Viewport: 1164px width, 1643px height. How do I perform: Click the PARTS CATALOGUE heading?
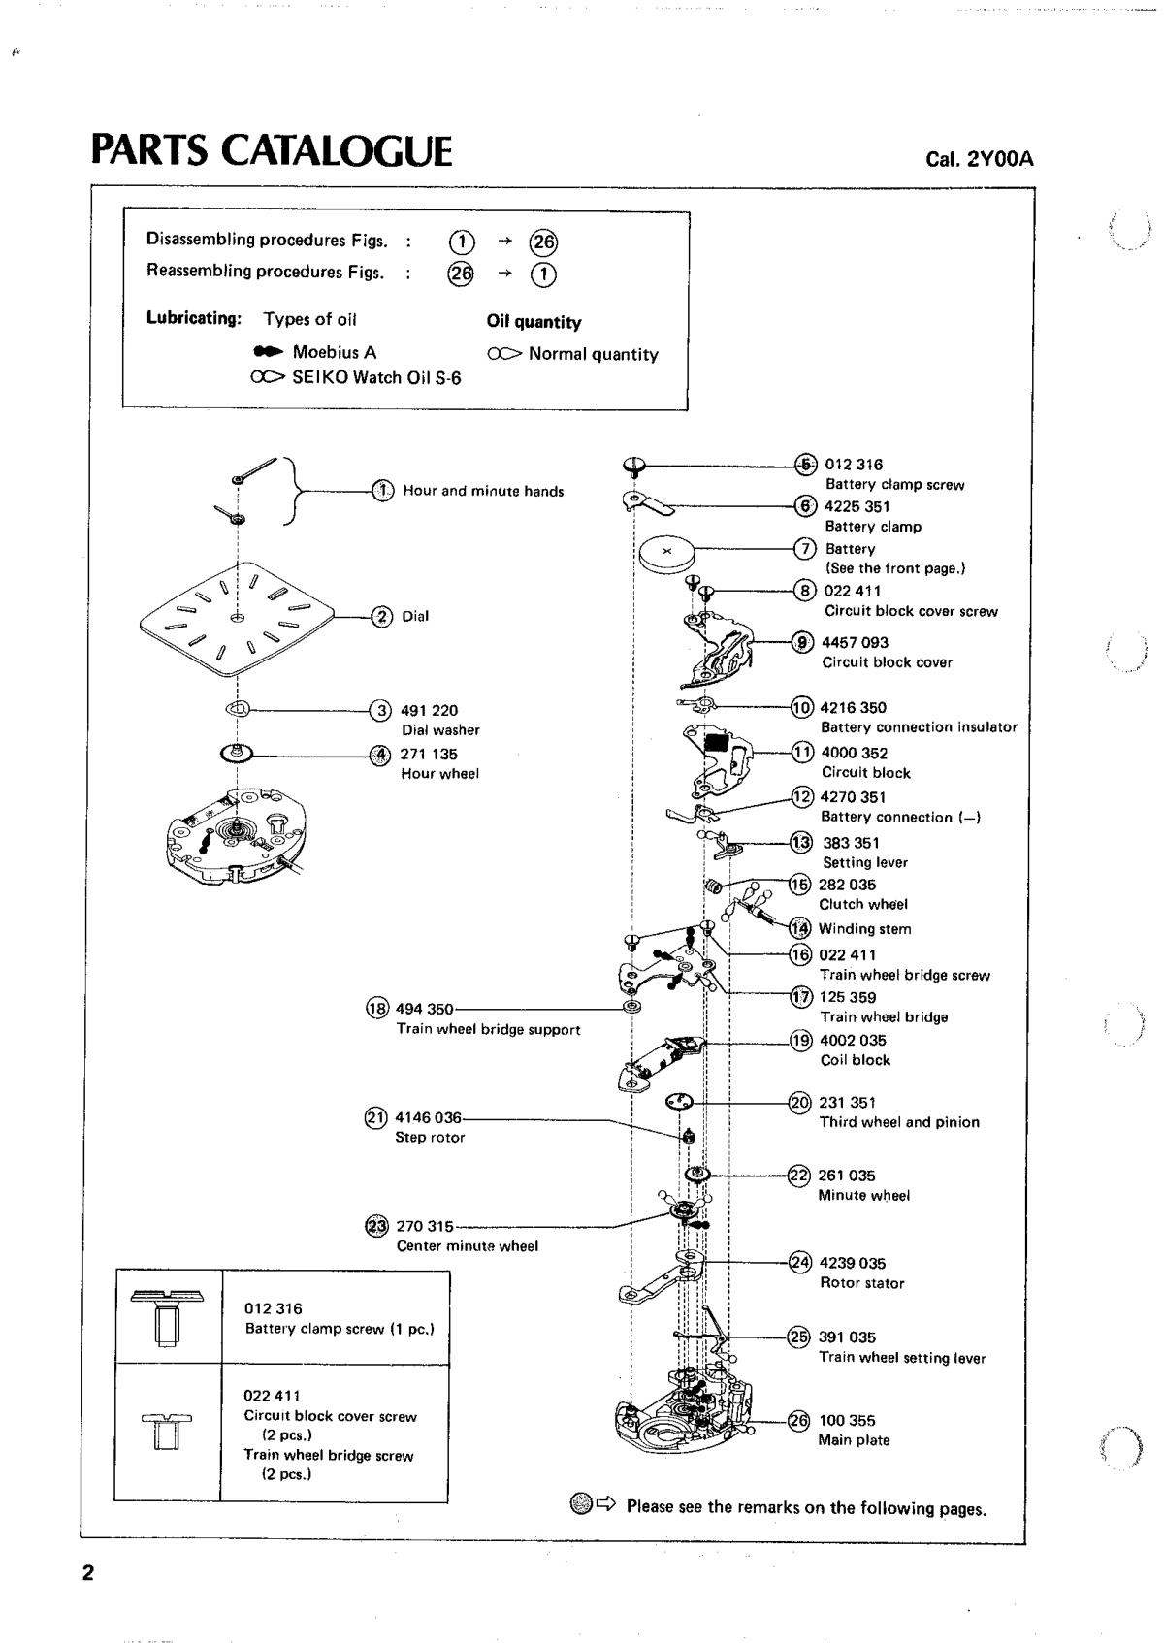pos(272,151)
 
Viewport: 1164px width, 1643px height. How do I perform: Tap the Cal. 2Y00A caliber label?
pos(979,159)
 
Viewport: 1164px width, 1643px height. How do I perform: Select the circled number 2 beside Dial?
pos(382,616)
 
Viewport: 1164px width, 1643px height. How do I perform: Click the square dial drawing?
pos(237,615)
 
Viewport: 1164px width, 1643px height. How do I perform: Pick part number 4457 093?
pos(855,642)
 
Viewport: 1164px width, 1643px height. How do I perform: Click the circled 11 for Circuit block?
pos(802,752)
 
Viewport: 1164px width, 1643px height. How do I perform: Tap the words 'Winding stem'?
pos(864,928)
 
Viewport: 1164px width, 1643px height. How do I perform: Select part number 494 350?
pos(424,1009)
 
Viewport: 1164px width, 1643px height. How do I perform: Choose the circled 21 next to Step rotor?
pos(374,1118)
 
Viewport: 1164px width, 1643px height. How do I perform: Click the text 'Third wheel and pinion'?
pos(899,1122)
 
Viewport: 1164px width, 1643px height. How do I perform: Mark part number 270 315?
pos(425,1226)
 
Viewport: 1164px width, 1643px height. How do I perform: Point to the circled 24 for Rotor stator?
pos(800,1262)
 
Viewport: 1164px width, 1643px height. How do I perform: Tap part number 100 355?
pos(847,1420)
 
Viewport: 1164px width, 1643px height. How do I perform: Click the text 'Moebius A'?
pos(334,352)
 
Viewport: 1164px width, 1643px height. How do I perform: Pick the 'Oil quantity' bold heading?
pos(533,322)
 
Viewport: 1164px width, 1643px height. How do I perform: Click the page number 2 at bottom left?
pos(88,1572)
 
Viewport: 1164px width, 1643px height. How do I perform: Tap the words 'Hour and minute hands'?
pos(483,491)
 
